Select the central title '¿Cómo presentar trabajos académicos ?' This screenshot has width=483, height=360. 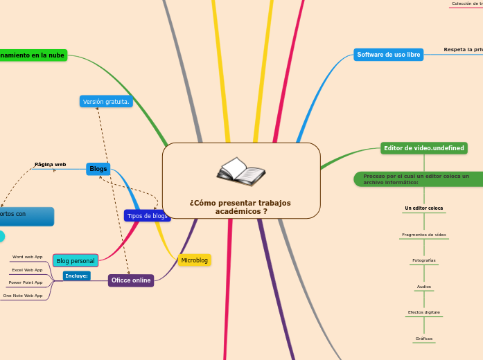pyautogui.click(x=240, y=207)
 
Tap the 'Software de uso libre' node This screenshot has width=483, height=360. pyautogui.click(x=388, y=55)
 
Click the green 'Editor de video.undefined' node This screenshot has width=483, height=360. pyautogui.click(x=424, y=148)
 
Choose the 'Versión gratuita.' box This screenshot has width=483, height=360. pyautogui.click(x=106, y=102)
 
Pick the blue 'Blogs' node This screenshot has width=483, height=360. pyautogui.click(x=98, y=169)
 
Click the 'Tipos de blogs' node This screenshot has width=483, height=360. pyautogui.click(x=147, y=216)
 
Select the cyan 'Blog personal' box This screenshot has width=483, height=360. pyautogui.click(x=76, y=261)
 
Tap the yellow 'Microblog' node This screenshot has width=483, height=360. pyautogui.click(x=194, y=260)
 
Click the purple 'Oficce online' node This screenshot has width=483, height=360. pyautogui.click(x=131, y=280)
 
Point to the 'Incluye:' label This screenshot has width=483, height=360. pyautogui.click(x=76, y=276)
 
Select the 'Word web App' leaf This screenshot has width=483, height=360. pyautogui.click(x=28, y=257)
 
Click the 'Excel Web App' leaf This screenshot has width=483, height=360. pyautogui.click(x=28, y=270)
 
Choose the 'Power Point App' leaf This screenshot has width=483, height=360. pyautogui.click(x=26, y=282)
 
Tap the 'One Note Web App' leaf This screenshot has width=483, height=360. pyautogui.click(x=23, y=296)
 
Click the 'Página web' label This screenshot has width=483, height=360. pyautogui.click(x=50, y=165)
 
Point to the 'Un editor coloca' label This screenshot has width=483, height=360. pyautogui.click(x=423, y=208)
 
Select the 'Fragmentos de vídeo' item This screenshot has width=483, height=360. pyautogui.click(x=423, y=235)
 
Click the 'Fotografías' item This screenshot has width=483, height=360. pyautogui.click(x=423, y=260)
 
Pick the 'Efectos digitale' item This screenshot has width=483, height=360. pyautogui.click(x=423, y=312)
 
